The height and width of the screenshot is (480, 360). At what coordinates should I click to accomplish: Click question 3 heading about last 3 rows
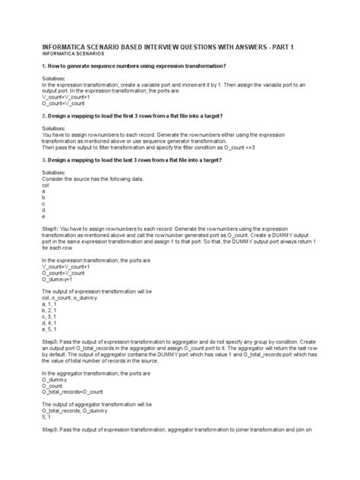130,163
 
